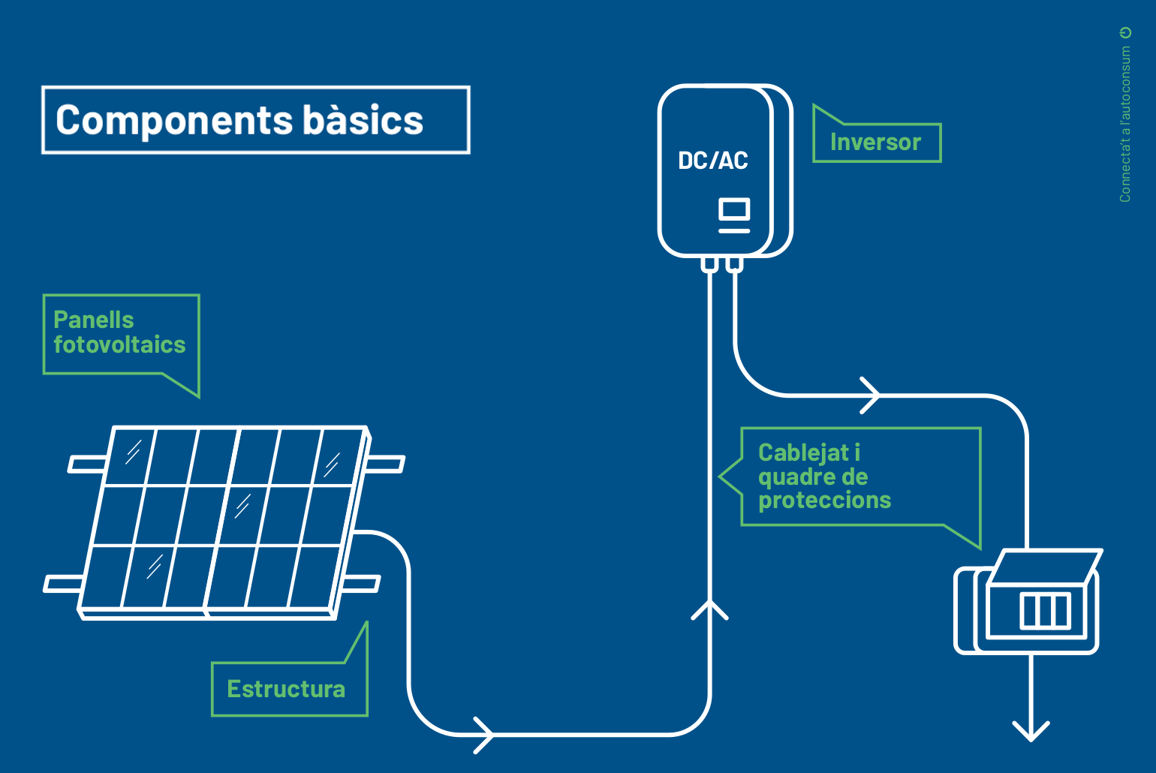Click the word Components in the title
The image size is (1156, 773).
click(174, 121)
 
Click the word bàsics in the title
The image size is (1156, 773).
click(363, 119)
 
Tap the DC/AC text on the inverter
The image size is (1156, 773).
click(712, 161)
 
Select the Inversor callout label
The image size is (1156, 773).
click(876, 143)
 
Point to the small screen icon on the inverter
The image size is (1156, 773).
click(734, 215)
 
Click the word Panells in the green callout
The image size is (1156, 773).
click(93, 320)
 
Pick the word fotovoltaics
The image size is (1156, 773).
click(119, 344)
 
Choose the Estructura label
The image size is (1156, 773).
click(286, 689)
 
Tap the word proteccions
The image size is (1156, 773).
click(825, 500)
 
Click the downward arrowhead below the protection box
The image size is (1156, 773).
click(1031, 732)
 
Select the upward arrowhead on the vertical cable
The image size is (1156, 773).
click(709, 609)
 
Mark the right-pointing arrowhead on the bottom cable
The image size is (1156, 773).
click(485, 735)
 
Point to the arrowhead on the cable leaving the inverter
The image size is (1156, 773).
click(871, 396)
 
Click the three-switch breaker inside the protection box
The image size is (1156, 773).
click(1045, 611)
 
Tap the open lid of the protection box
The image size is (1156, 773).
click(1046, 567)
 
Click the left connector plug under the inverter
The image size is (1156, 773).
click(709, 263)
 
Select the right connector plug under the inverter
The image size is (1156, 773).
click(734, 263)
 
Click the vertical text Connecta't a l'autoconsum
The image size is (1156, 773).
click(1125, 124)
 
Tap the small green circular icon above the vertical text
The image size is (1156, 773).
click(1125, 33)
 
